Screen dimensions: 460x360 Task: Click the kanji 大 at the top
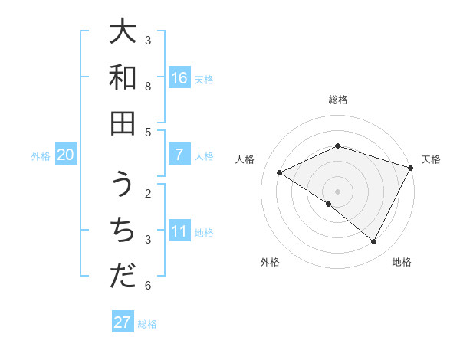coord(123,32)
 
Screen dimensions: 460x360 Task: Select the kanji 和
coord(123,77)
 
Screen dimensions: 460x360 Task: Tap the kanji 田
coord(123,123)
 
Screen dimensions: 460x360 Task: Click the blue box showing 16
coord(179,78)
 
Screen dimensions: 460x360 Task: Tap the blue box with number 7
coord(179,155)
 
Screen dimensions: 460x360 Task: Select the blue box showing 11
coord(179,231)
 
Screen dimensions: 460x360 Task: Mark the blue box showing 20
coord(65,155)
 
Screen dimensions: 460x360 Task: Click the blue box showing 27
coord(123,322)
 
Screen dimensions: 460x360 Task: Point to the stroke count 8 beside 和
coord(148,86)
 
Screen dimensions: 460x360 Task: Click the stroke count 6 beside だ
coord(148,286)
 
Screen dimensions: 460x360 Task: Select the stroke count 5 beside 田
coord(148,132)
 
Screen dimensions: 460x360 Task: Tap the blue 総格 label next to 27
coord(147,323)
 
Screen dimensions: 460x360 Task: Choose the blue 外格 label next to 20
coord(41,155)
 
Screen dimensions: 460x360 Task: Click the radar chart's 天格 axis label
coord(431,159)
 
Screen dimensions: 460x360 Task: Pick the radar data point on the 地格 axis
coord(374,242)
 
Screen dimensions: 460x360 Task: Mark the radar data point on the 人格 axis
coord(279,173)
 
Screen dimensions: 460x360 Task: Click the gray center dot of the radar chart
coord(337,191)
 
